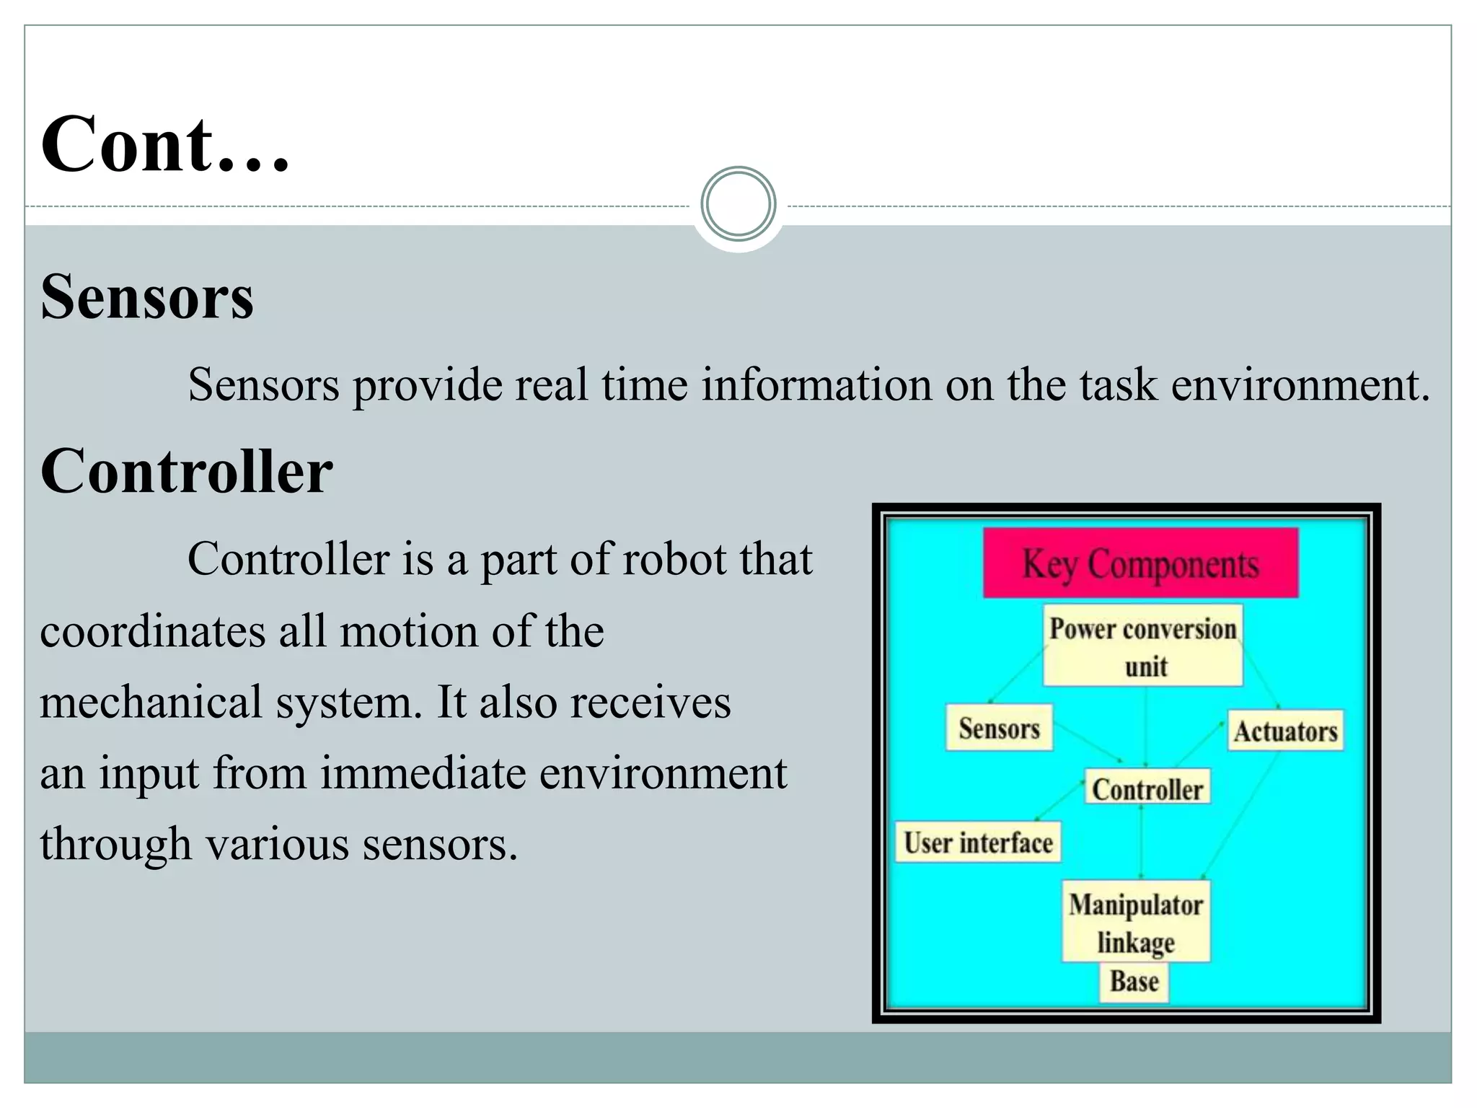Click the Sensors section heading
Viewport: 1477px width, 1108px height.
tap(147, 296)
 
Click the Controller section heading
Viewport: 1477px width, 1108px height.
tap(186, 471)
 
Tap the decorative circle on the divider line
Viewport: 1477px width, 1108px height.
tap(738, 204)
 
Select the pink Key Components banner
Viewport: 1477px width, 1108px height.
tap(1140, 563)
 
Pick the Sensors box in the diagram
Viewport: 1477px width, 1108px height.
tap(999, 728)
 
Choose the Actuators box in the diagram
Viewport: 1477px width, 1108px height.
tap(1285, 731)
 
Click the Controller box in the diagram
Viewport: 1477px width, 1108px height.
tap(1147, 788)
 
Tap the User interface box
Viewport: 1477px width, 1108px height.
tap(978, 842)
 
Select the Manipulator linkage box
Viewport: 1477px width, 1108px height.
tap(1135, 921)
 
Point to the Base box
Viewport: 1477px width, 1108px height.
tap(1134, 982)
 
